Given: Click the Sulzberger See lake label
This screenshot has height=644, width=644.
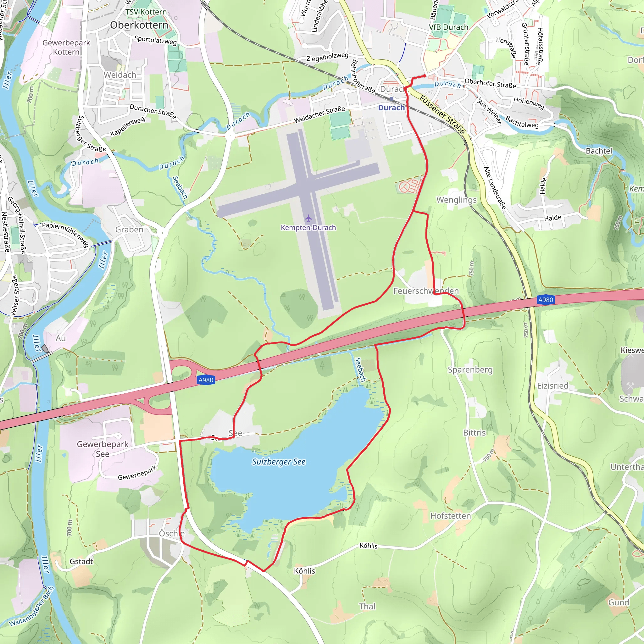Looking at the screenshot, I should tap(279, 462).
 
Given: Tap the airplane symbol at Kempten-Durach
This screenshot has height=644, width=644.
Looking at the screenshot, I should tap(308, 218).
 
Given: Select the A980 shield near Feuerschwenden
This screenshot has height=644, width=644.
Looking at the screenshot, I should tap(545, 300).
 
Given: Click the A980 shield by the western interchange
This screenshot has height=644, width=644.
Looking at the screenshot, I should tap(206, 380).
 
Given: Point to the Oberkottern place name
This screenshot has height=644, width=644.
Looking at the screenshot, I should tap(139, 25).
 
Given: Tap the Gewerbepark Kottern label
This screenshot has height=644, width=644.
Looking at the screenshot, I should tap(66, 47).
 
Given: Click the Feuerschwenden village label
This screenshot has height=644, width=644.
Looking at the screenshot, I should tap(426, 291).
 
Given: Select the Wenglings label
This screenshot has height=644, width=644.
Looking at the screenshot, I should tap(456, 200).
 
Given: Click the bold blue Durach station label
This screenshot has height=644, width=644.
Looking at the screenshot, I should tap(391, 108).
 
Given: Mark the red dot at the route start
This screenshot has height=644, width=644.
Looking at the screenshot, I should tap(424, 76).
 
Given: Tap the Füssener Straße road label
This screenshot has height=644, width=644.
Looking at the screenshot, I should tap(442, 114).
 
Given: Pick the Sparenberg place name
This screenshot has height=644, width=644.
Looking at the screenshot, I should tap(470, 370).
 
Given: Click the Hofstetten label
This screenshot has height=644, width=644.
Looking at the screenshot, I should tap(450, 516).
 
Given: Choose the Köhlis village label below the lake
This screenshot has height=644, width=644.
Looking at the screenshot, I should tap(304, 571).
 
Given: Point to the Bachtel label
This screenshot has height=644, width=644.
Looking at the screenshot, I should tap(599, 151).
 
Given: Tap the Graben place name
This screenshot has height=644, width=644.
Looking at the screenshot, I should tap(129, 230).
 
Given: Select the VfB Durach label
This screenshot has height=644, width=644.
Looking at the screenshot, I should tap(448, 27).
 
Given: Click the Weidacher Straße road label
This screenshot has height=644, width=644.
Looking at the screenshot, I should tap(319, 114).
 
